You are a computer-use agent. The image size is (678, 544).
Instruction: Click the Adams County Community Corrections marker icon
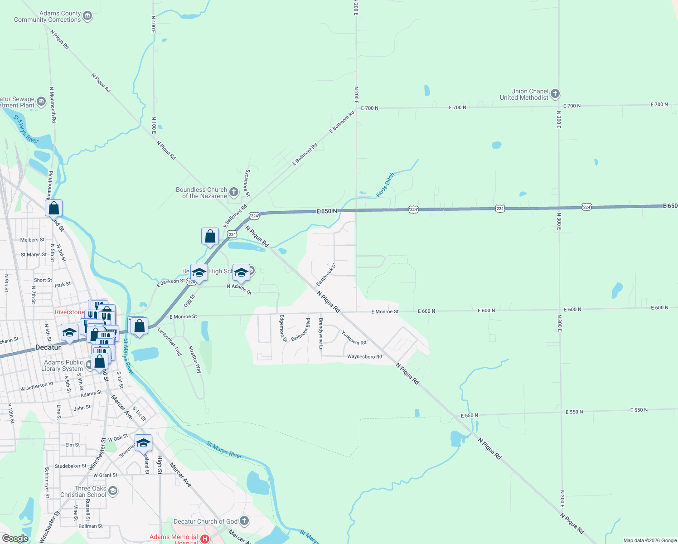(x=87, y=16)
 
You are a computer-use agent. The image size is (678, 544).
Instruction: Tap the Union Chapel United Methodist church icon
(x=555, y=94)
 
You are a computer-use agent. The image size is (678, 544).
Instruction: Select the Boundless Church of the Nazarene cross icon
(x=234, y=193)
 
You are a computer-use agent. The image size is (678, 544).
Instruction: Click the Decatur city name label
(x=48, y=347)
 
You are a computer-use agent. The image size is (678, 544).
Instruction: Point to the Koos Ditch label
(x=386, y=185)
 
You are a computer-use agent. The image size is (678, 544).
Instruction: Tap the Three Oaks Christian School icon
(x=113, y=491)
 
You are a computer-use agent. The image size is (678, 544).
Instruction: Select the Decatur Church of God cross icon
(x=244, y=521)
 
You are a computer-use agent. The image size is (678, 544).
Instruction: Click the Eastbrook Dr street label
(x=326, y=274)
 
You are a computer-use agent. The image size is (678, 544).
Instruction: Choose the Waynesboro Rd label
(x=364, y=357)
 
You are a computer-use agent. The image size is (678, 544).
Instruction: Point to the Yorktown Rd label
(x=354, y=338)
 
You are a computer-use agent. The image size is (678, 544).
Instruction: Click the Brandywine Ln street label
(x=321, y=334)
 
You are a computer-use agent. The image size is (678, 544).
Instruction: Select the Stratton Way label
(x=195, y=359)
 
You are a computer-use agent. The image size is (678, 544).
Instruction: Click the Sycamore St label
(x=247, y=183)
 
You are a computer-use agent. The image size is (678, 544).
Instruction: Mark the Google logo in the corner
(x=15, y=538)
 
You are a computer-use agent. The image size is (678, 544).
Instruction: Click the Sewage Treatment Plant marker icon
(x=41, y=101)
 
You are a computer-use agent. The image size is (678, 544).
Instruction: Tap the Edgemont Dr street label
(x=282, y=328)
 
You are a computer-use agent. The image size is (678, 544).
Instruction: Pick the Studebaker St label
(x=71, y=466)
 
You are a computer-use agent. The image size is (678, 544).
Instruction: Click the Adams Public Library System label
(x=63, y=365)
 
